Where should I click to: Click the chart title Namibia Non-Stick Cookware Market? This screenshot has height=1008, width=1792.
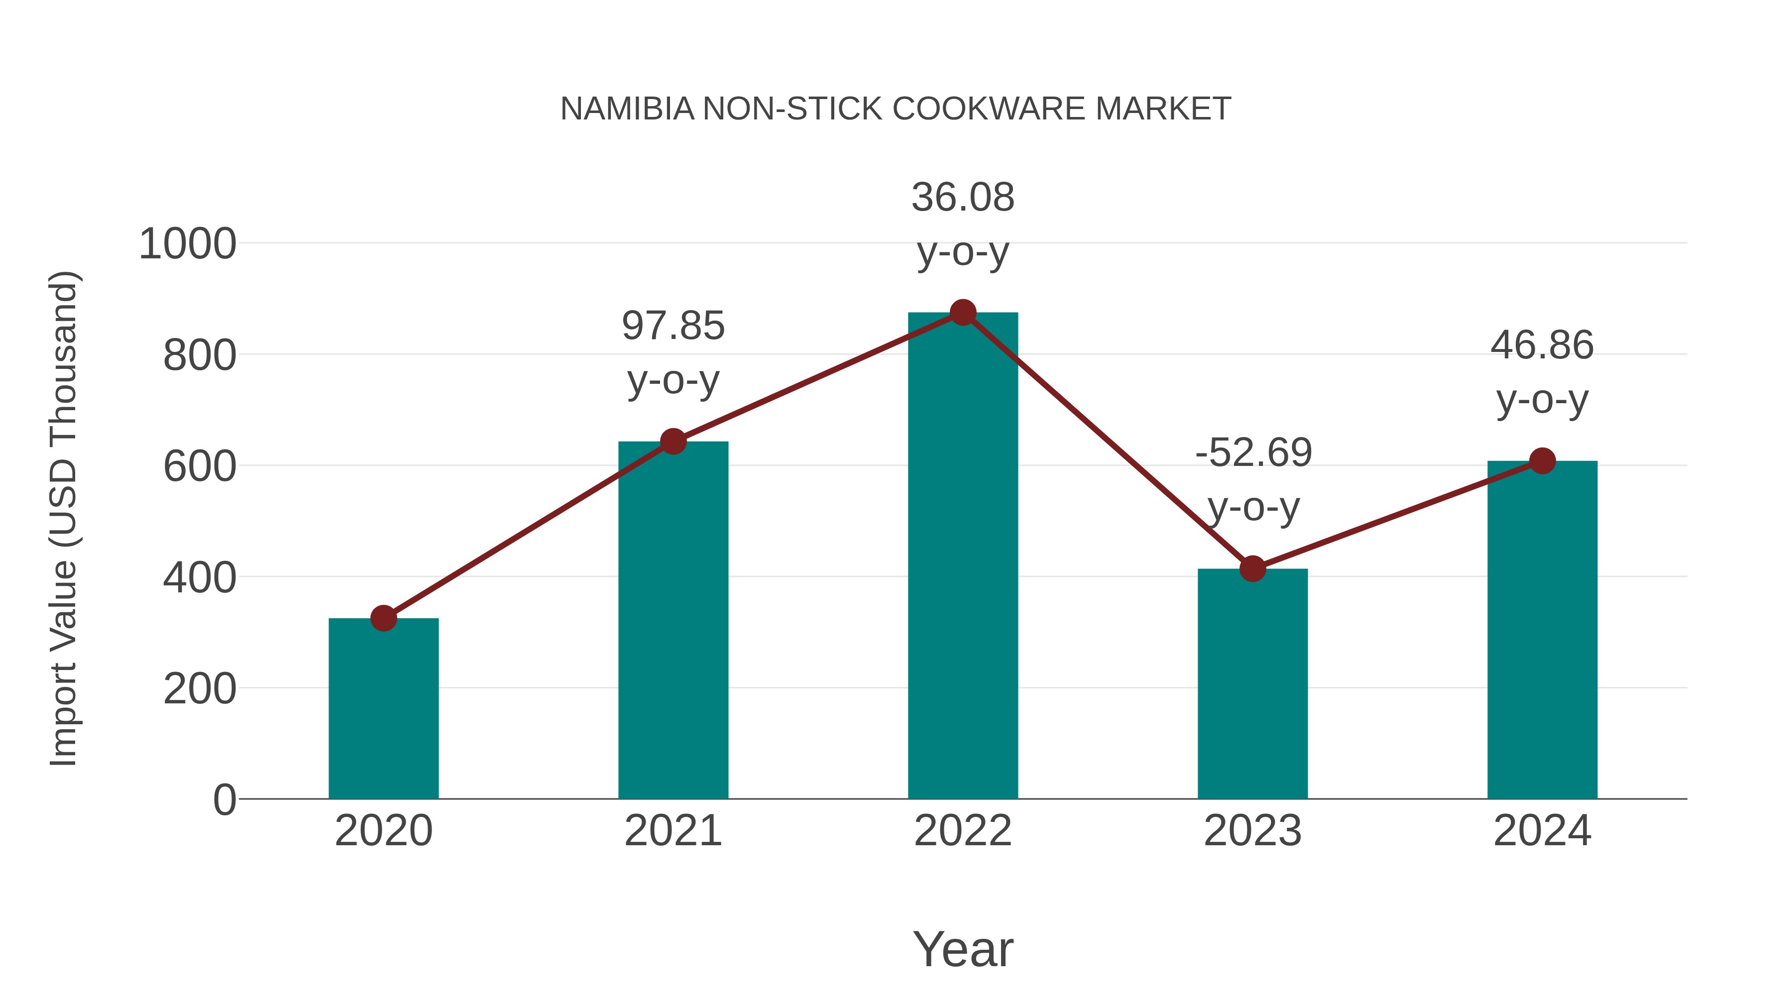[896, 109]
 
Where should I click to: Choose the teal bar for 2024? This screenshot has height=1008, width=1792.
[1542, 630]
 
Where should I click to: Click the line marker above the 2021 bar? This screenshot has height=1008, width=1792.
[672, 441]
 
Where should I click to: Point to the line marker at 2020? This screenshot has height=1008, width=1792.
[383, 618]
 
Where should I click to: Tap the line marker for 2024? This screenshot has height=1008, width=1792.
[1542, 460]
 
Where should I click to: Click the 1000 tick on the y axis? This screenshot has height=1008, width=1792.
[187, 244]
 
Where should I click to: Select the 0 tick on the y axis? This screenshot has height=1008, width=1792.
[224, 799]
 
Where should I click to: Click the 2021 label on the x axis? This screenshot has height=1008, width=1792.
[672, 831]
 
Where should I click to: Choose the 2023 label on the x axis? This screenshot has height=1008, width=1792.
[1252, 831]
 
